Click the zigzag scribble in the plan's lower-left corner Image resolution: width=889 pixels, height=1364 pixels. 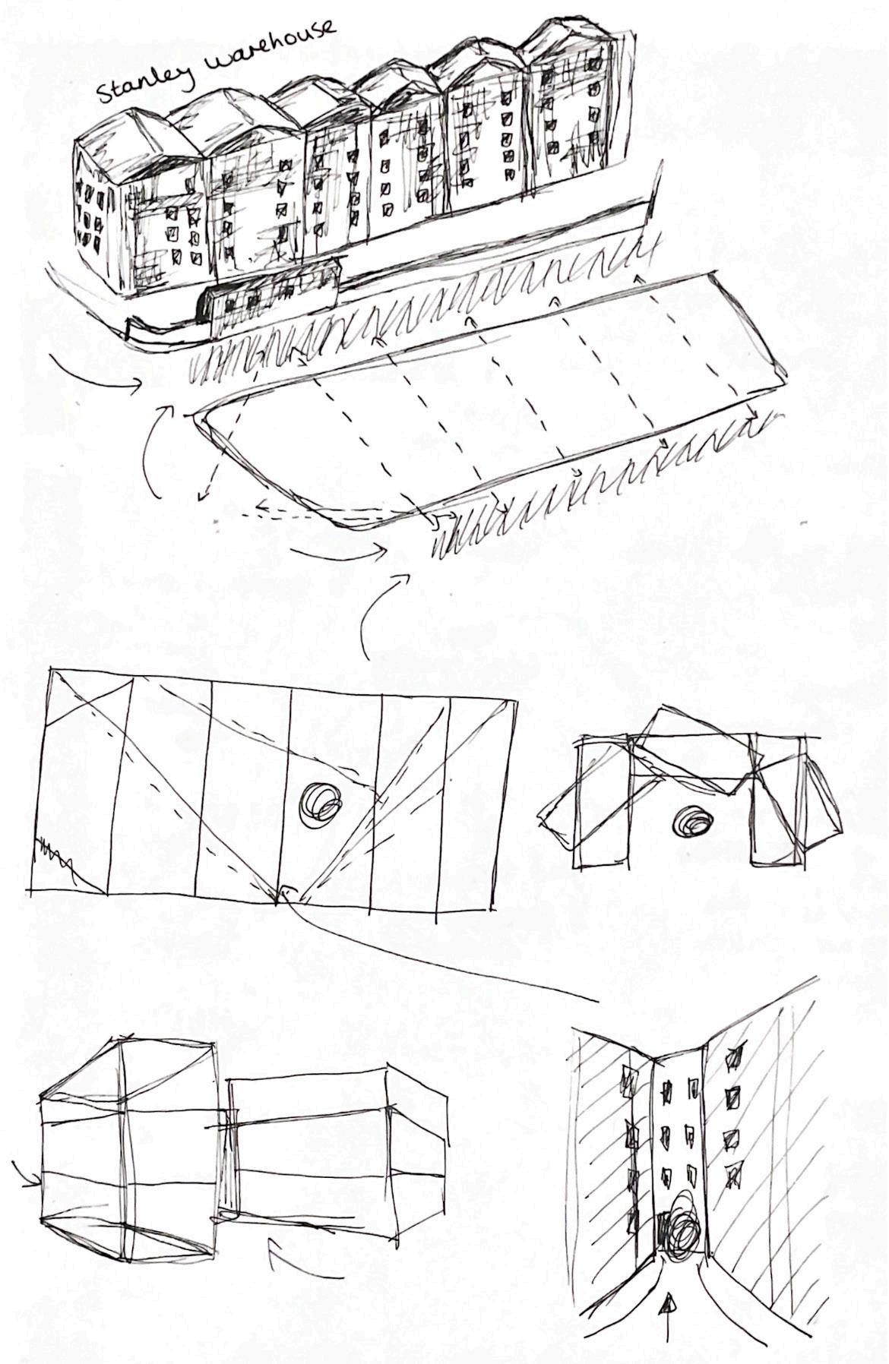pyautogui.click(x=53, y=856)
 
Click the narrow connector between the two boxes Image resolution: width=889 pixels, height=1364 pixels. pyautogui.click(x=225, y=1163)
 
